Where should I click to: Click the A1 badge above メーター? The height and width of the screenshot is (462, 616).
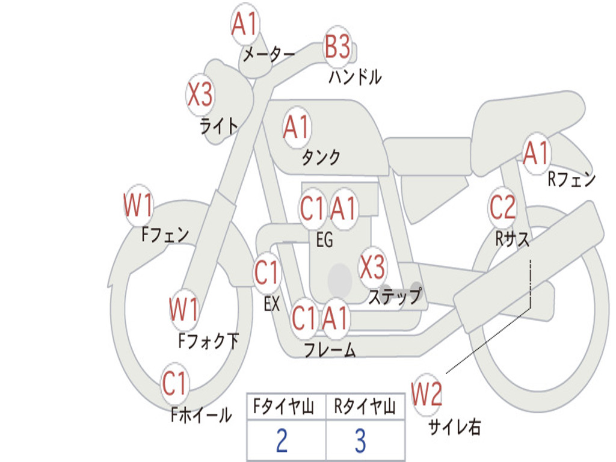245,26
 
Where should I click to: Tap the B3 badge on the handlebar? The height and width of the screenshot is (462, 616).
337,46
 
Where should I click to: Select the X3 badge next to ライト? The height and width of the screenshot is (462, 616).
200,94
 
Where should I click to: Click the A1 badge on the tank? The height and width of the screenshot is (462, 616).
297,128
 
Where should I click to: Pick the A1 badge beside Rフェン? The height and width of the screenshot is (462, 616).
537,153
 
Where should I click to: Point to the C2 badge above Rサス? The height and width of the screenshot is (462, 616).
503,208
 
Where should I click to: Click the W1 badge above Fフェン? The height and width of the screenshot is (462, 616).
138,206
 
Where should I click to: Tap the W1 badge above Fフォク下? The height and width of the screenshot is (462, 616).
184,310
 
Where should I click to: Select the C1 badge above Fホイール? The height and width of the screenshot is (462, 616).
175,383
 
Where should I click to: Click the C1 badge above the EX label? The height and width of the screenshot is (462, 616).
267,273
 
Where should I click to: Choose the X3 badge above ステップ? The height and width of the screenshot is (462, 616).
373,267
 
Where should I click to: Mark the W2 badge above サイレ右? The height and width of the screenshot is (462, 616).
427,395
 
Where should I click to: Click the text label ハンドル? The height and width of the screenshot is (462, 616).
355,77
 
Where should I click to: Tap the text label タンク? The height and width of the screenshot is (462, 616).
321,158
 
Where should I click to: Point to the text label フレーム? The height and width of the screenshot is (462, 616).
330,350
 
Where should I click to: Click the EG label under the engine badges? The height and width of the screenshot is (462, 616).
324,241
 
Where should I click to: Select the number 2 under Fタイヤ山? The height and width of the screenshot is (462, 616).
282,442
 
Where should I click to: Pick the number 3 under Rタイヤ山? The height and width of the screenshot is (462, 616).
360,442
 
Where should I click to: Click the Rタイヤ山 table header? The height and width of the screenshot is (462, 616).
365,408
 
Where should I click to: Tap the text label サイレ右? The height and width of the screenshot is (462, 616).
454,427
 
